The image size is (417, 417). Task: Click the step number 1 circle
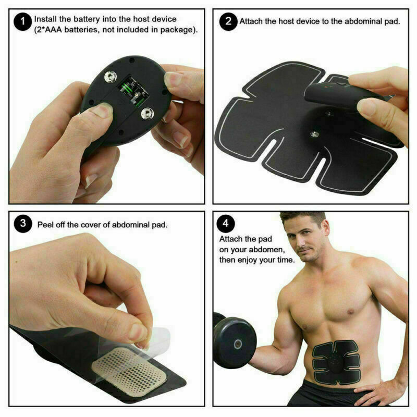22,22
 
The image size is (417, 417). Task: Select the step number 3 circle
22,225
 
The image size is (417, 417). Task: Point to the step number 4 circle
228,224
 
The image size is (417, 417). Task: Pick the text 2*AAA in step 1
49,30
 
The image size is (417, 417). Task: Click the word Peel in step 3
46,225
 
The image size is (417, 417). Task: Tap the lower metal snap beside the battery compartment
148,112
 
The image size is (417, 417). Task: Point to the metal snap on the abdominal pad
314,134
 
